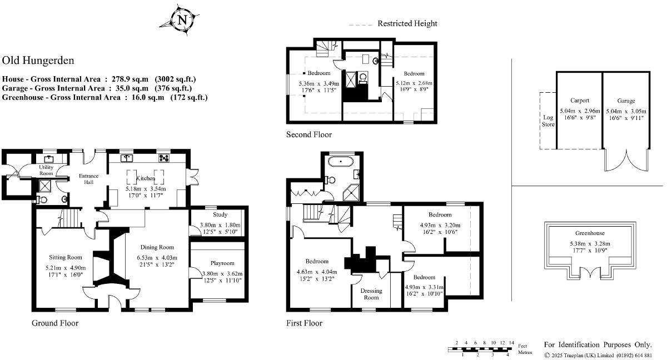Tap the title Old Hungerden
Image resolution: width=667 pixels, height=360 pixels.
38,61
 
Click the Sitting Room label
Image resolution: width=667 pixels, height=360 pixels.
66,257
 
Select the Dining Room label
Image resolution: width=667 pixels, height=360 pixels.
156,247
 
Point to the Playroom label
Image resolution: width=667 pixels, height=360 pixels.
222,263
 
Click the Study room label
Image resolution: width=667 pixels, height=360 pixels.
220,214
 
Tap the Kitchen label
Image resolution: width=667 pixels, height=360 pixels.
146,178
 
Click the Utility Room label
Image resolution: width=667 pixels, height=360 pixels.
46,170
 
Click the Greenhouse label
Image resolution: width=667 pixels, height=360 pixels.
590,233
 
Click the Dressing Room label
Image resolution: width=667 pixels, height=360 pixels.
371,294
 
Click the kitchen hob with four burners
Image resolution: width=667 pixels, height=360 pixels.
164,158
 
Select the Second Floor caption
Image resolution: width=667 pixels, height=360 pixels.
309,134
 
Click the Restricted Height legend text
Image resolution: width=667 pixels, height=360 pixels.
407,23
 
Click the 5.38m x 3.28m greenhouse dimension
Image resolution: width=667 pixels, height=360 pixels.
590,243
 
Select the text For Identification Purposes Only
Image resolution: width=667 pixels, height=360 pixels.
597,344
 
